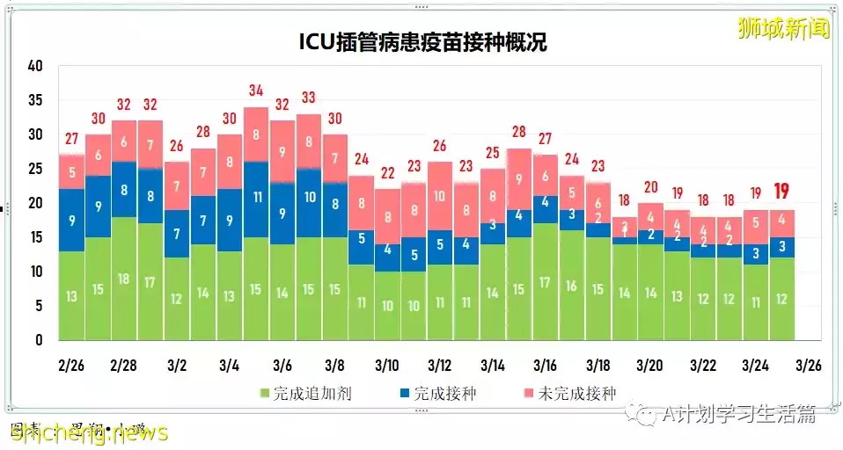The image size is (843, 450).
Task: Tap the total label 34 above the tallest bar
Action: [255, 91]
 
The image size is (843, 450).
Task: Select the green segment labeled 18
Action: [124, 279]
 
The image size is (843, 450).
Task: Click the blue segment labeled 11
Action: [255, 199]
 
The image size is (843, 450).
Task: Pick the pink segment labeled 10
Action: [439, 196]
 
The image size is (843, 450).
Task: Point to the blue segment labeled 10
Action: [308, 199]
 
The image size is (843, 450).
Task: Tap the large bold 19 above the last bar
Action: [781, 192]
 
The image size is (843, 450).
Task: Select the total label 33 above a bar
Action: [308, 98]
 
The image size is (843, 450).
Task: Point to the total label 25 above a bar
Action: [492, 152]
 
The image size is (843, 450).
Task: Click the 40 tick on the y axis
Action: [35, 66]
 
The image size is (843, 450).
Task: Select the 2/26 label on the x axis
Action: [71, 364]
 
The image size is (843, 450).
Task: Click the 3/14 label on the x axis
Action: [492, 364]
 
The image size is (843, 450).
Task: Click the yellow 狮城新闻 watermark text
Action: [783, 28]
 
